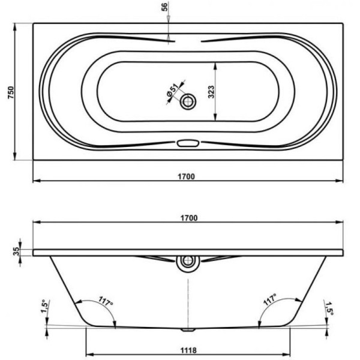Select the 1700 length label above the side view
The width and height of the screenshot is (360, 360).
click(x=188, y=218)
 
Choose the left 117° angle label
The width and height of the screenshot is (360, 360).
click(x=107, y=302)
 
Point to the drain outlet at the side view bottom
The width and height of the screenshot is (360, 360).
click(x=188, y=329)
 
